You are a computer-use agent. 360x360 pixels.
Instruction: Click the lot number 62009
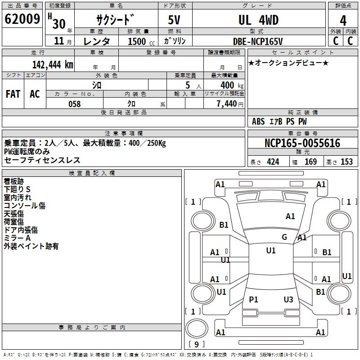(x=22, y=19)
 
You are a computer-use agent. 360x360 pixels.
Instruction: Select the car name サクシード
(x=116, y=19)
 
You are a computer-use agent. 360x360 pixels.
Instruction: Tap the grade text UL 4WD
(x=258, y=20)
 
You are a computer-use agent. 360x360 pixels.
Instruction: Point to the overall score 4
(x=343, y=21)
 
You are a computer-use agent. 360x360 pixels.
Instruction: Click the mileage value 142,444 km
(x=53, y=64)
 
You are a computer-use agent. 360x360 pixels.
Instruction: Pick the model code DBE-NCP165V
(x=258, y=41)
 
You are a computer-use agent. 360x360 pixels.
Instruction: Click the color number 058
(x=74, y=104)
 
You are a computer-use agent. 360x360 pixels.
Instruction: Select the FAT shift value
(x=13, y=94)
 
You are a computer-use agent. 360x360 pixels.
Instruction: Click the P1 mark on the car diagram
(x=254, y=299)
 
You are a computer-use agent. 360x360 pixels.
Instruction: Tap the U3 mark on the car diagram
(x=288, y=299)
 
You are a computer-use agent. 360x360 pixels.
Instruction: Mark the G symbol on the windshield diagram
(x=284, y=237)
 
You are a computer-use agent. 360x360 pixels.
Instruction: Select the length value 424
(x=273, y=162)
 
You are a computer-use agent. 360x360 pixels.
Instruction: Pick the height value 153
(x=346, y=162)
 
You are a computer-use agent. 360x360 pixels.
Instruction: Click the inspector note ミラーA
(x=17, y=238)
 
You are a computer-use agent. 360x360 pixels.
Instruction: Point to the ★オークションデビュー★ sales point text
(x=288, y=63)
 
